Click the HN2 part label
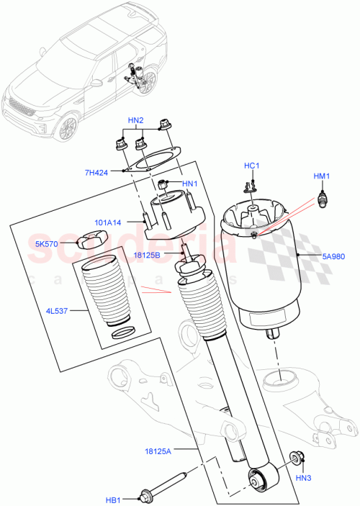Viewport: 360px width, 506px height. pos(136,119)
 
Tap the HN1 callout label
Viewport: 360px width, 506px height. pos(189,184)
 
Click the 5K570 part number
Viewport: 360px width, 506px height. pos(48,243)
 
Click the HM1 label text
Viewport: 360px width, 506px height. pos(320,177)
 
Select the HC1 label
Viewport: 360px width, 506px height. pos(251,166)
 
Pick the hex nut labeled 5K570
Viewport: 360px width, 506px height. pos(88,241)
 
